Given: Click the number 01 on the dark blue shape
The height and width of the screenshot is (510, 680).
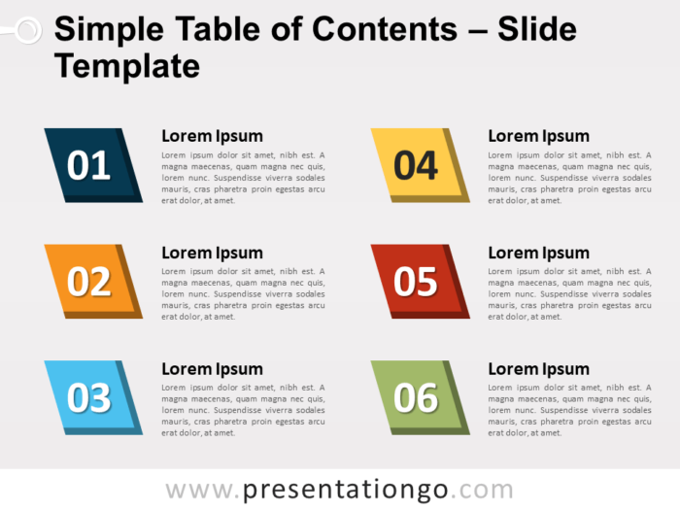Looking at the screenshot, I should (88, 166).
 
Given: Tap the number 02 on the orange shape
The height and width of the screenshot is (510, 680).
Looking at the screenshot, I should (88, 282).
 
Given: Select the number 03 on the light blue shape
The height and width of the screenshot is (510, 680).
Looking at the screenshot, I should (88, 397).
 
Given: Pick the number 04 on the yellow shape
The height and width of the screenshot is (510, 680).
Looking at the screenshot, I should (416, 166).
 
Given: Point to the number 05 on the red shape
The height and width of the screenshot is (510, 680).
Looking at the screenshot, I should (416, 282).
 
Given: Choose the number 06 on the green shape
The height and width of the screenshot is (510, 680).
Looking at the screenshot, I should (416, 397).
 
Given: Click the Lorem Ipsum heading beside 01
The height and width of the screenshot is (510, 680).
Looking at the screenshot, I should (212, 136).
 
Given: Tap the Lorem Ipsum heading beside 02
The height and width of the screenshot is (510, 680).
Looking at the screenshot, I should (212, 253).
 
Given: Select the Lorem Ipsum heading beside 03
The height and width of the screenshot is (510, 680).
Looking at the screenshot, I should (212, 368).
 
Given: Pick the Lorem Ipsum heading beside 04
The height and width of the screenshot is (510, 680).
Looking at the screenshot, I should (538, 136).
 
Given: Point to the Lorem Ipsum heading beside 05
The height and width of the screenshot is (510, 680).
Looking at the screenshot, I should (538, 253).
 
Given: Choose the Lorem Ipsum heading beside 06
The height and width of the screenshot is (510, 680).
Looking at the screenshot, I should (538, 368).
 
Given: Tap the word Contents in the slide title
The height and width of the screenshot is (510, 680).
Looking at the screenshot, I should (388, 30).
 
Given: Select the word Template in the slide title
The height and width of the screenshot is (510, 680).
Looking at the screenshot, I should (127, 66).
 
